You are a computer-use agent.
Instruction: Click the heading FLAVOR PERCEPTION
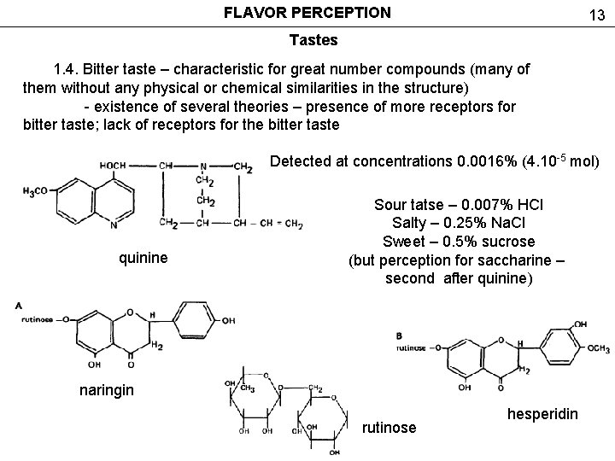(307, 13)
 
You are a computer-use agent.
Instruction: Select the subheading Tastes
(313, 39)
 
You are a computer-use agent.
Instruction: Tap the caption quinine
(142, 258)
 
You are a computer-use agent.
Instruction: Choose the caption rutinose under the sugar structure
(389, 428)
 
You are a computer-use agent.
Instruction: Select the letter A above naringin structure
(18, 305)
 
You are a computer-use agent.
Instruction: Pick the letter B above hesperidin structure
(401, 334)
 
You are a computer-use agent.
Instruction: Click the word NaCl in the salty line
(507, 223)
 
